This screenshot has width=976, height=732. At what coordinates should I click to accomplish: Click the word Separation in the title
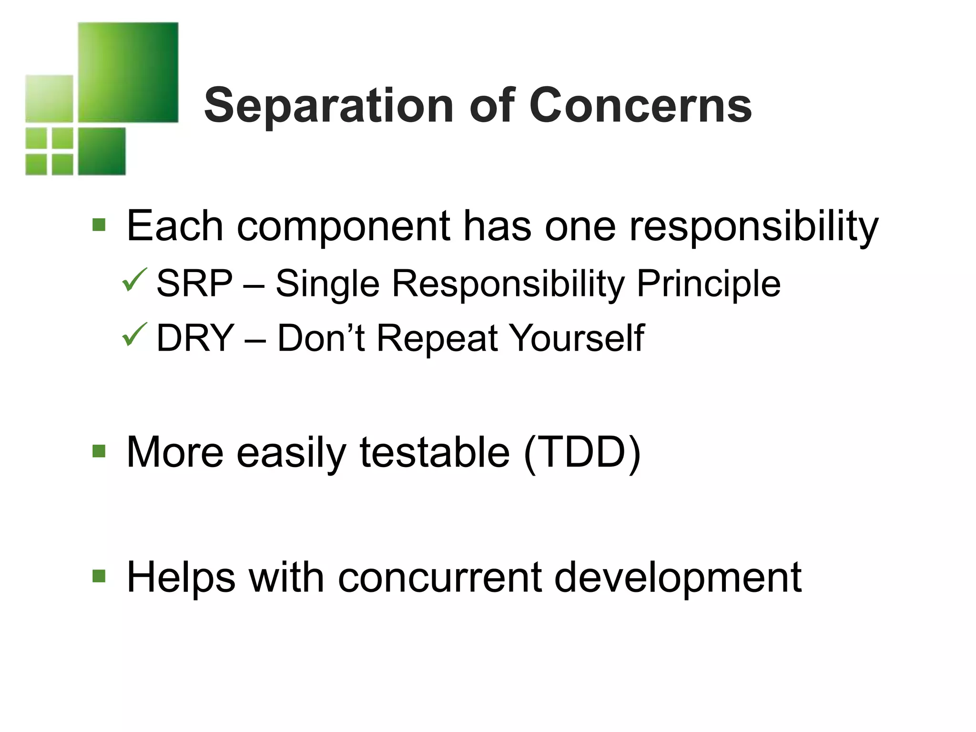[328, 106]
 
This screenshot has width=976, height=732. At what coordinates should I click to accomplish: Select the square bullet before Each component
[99, 224]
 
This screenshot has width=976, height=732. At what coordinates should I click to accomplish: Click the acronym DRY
[195, 338]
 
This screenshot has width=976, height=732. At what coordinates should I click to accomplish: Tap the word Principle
[708, 284]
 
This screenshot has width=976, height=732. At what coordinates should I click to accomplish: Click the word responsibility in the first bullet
[753, 227]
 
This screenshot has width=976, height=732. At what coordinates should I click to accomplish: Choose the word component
[343, 227]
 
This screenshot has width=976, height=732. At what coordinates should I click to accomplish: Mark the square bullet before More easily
[99, 450]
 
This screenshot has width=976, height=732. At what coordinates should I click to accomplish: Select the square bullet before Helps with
[99, 576]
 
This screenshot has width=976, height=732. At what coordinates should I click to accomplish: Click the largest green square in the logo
[128, 72]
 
